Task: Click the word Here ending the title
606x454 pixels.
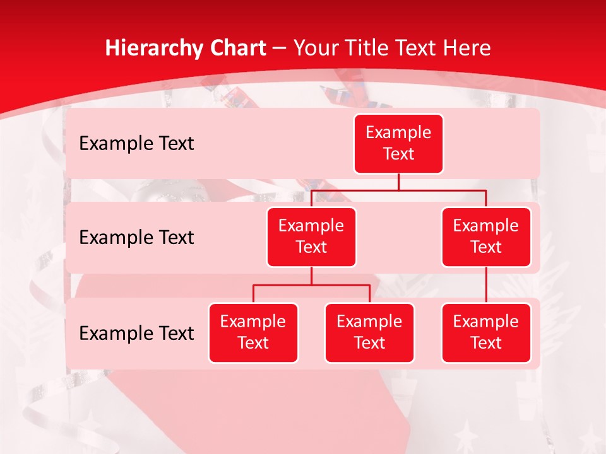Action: coord(466,48)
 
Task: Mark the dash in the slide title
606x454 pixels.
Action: coord(280,49)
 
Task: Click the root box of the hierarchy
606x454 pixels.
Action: coord(398,144)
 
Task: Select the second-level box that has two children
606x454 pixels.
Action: coord(311,236)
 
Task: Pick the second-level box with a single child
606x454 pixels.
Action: coord(486,236)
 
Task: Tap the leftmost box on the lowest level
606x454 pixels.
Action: coord(253,332)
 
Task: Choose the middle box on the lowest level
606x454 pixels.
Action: coord(369,332)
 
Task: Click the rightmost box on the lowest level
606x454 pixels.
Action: coord(486,332)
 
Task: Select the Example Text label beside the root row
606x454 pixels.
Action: coord(136,144)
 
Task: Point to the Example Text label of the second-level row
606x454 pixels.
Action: coord(136,238)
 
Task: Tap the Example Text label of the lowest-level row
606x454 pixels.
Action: coord(136,333)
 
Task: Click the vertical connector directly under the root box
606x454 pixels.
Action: coord(398,182)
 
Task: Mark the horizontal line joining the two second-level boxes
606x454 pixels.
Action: coord(398,190)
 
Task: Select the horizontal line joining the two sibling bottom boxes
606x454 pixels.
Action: coord(311,285)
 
